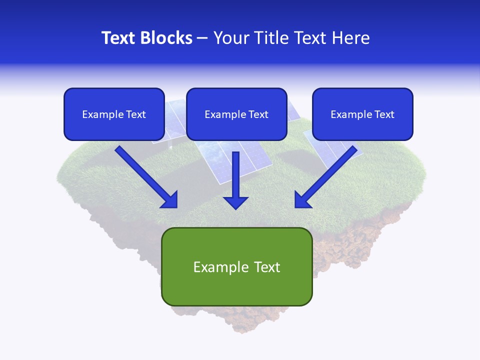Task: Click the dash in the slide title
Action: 202,38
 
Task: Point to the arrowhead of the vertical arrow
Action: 235,202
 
